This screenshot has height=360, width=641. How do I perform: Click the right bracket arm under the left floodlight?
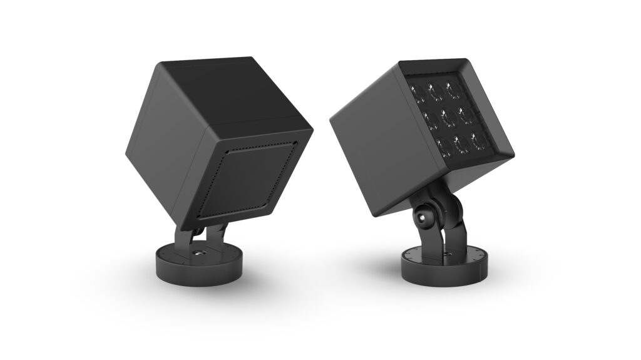pos(216,234)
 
